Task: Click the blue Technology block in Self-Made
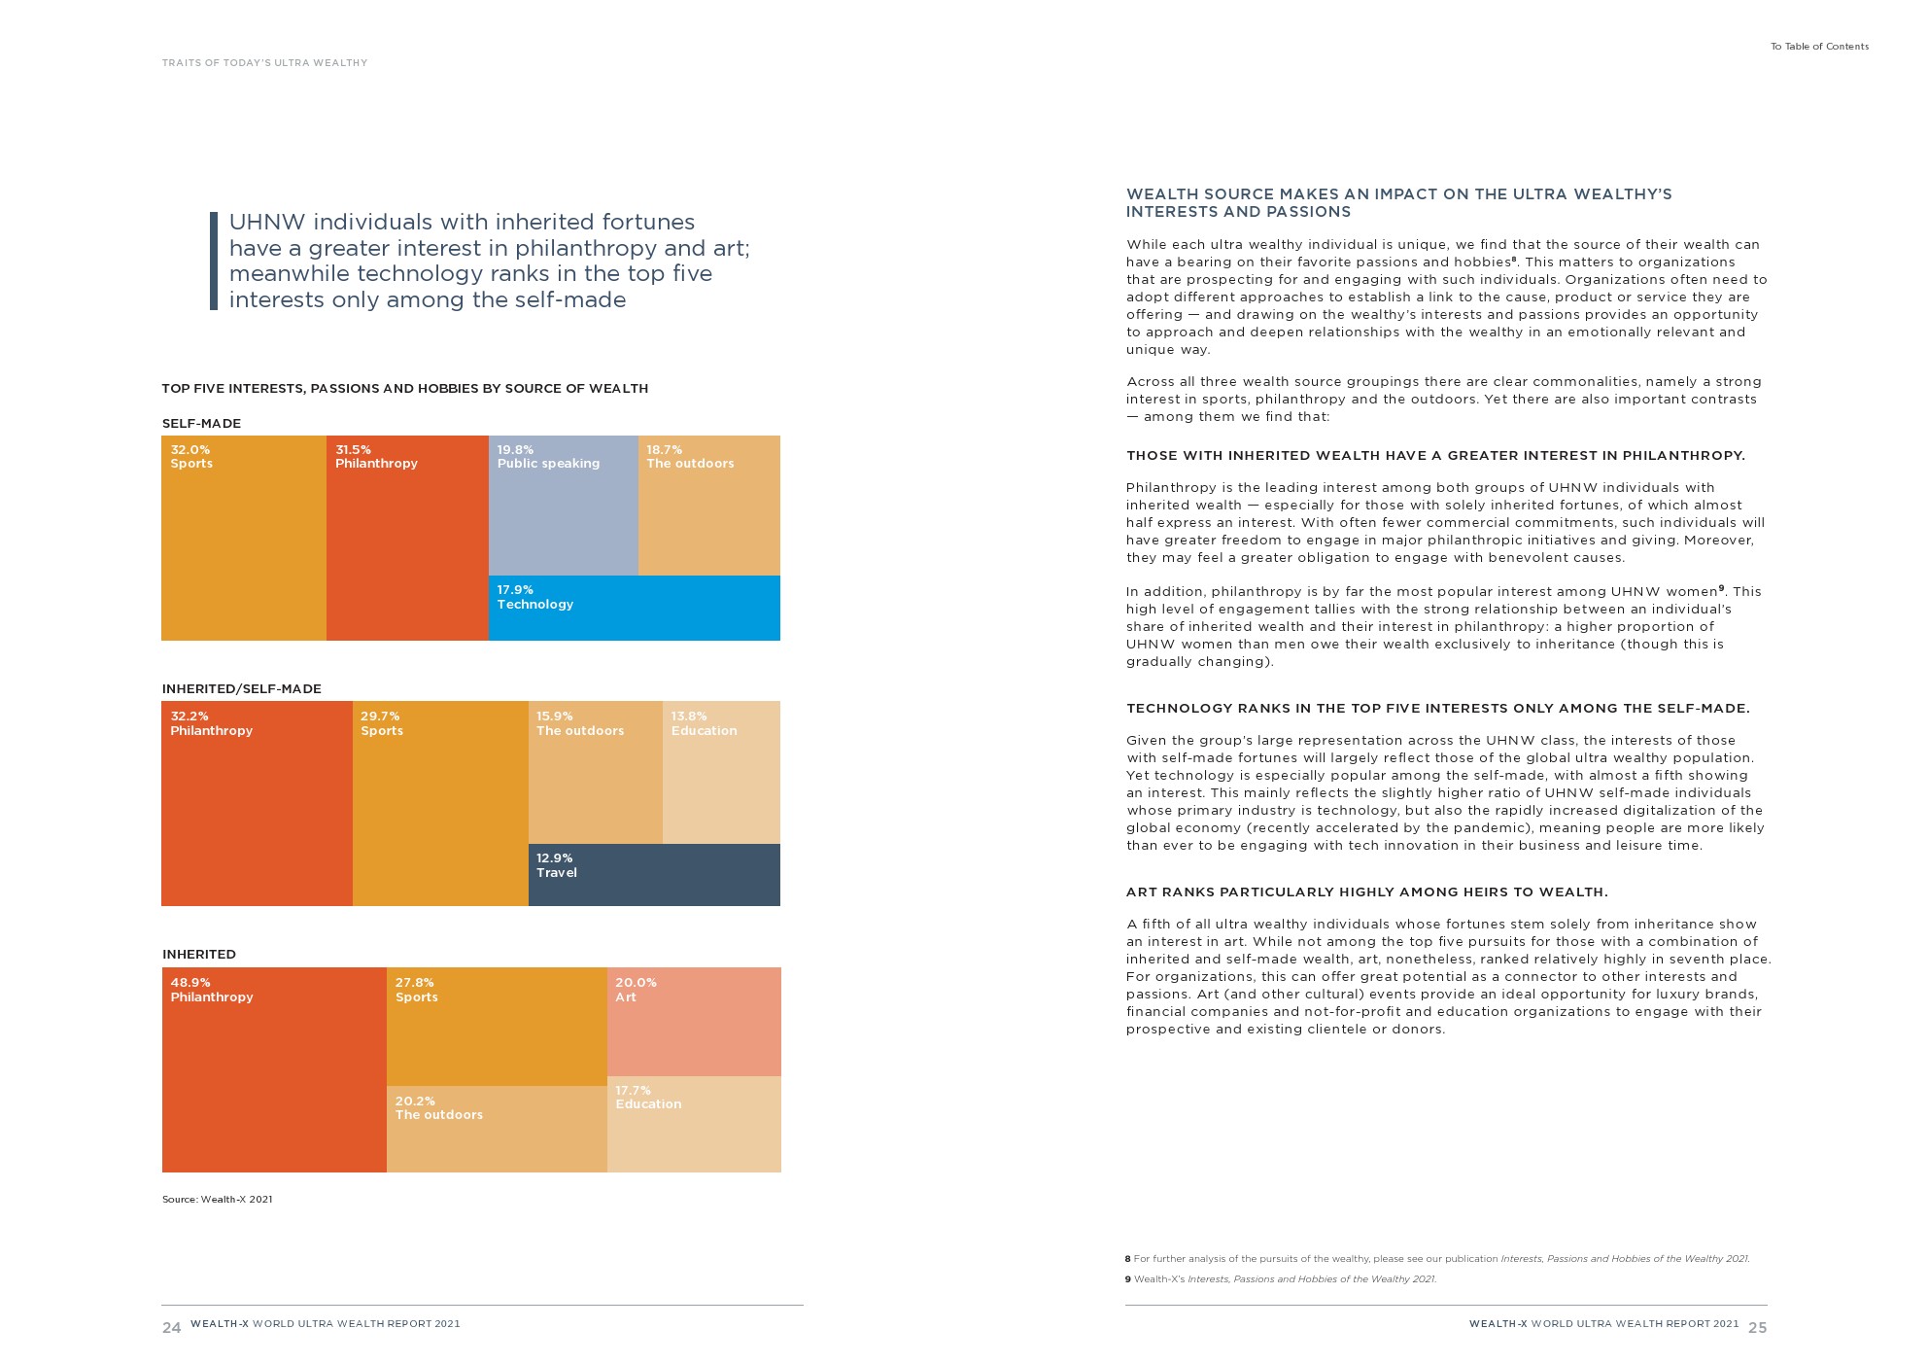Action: coord(634,608)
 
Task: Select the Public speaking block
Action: coord(563,506)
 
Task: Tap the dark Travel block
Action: coord(654,875)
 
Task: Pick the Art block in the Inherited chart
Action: coord(694,1022)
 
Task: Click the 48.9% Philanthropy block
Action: coord(274,1069)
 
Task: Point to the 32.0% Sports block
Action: coord(243,538)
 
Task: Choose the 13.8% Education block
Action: coord(721,772)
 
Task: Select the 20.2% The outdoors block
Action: coord(497,1129)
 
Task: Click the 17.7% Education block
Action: coord(694,1124)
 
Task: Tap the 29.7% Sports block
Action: coord(440,803)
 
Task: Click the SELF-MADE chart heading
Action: coord(201,424)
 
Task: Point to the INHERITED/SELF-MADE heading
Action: coord(241,689)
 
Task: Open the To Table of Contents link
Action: coord(1819,47)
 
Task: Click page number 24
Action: coord(171,1328)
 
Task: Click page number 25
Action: coord(1757,1328)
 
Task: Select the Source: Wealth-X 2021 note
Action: coord(217,1200)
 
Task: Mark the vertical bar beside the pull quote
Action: coord(214,261)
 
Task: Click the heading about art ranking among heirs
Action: coord(1366,892)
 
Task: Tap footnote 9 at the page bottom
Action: coord(1280,1279)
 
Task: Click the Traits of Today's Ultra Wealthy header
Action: coord(264,63)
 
